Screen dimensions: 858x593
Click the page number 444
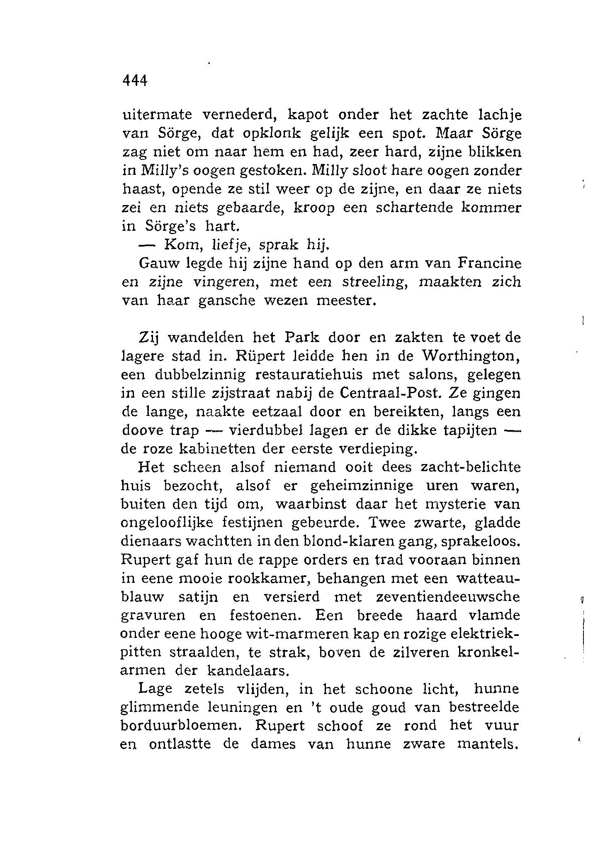135,80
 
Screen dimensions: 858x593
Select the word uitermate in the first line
157,115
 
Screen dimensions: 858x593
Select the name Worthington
468,356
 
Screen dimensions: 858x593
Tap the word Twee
384,523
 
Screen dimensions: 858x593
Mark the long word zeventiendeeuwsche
447,597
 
